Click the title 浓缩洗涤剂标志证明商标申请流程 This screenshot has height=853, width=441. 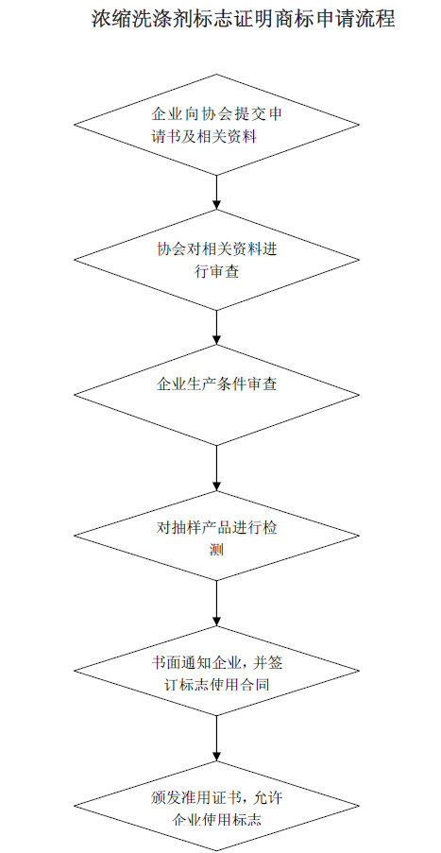coord(243,20)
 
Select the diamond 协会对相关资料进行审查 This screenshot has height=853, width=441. coord(216,260)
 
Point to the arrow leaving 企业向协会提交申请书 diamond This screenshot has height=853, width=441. coord(216,193)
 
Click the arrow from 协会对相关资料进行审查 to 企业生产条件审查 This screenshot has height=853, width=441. coord(216,328)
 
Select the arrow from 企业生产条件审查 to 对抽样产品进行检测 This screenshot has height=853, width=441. coord(216,469)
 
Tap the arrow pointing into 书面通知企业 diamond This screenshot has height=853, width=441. coord(216,604)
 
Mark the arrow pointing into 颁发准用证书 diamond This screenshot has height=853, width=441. coord(216,738)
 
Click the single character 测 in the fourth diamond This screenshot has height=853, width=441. coord(216,550)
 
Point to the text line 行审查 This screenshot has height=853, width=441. coord(216,272)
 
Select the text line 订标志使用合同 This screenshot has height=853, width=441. coord(216,684)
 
